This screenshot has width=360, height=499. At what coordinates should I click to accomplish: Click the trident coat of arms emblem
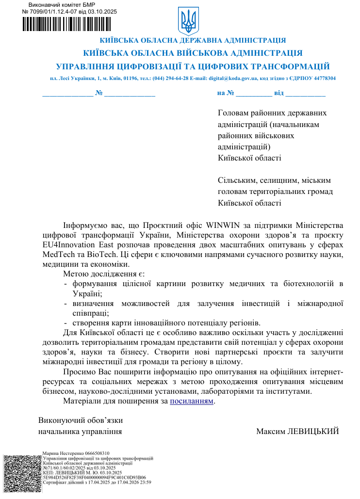tap(186, 21)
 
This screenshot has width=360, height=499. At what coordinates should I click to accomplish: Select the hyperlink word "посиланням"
tap(192, 402)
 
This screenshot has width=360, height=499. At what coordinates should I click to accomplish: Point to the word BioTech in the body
tap(101, 255)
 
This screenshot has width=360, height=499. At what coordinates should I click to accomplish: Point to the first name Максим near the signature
tap(273, 431)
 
